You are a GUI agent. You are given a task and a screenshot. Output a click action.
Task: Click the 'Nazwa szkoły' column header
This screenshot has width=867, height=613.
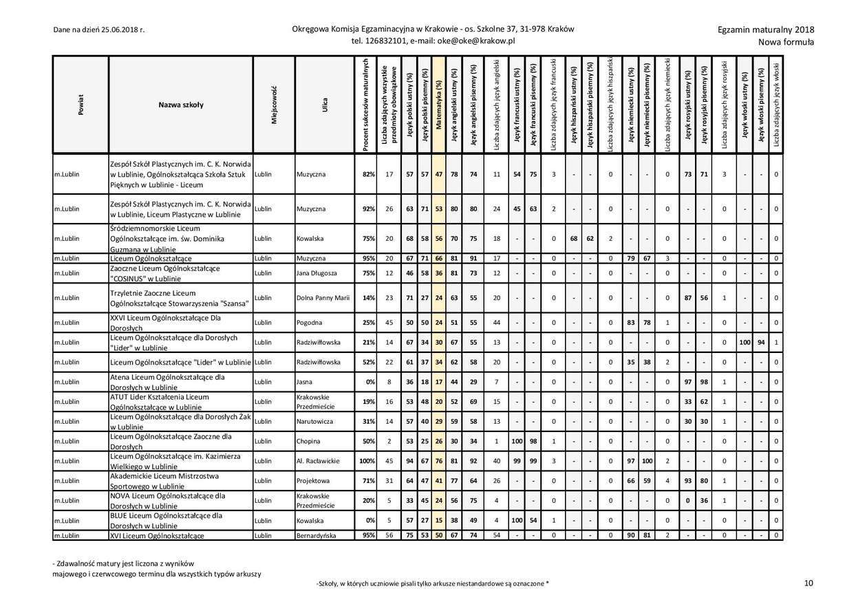click(x=180, y=105)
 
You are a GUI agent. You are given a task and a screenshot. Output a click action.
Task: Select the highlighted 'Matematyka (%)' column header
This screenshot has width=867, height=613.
click(x=439, y=105)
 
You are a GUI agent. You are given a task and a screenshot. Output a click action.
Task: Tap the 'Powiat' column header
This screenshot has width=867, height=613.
click(x=81, y=105)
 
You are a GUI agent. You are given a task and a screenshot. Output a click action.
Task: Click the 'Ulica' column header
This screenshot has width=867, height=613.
click(x=324, y=105)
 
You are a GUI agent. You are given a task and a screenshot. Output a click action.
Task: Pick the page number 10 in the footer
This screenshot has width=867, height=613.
click(x=809, y=583)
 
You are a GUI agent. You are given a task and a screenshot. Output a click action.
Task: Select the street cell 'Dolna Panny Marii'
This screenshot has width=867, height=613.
click(x=323, y=298)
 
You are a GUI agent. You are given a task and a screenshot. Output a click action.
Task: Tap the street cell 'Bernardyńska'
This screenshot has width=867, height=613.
click(x=316, y=535)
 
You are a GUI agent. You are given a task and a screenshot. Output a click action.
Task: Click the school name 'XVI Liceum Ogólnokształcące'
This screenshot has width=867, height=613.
click(x=157, y=535)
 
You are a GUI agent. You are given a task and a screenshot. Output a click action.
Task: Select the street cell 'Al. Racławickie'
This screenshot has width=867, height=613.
click(x=318, y=461)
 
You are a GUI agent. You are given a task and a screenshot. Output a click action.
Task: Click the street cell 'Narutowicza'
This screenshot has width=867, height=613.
click(x=314, y=421)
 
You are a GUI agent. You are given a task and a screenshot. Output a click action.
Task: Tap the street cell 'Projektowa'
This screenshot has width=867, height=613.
click(x=313, y=481)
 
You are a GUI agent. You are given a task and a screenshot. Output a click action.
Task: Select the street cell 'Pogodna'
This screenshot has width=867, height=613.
click(x=310, y=322)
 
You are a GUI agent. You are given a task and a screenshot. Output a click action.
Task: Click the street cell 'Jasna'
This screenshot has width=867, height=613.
click(x=305, y=381)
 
